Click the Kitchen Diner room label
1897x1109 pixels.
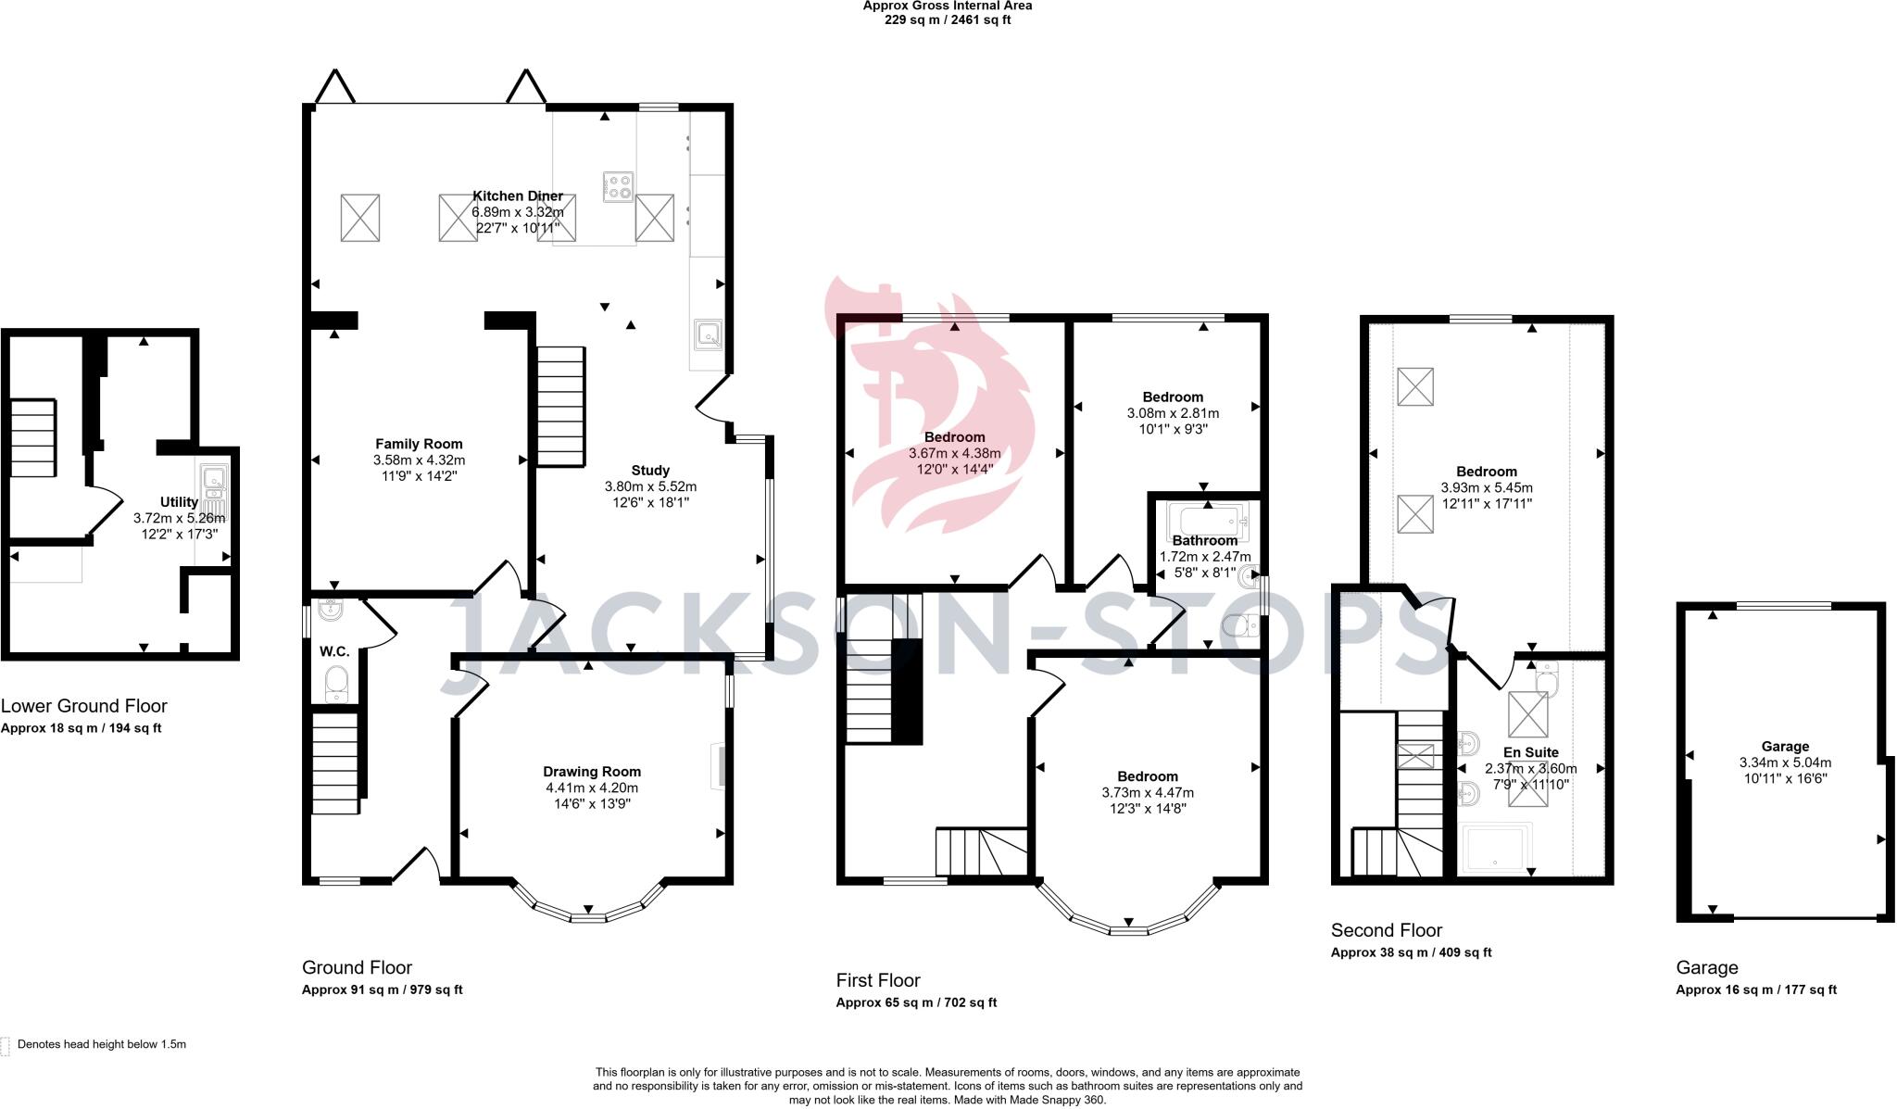click(518, 196)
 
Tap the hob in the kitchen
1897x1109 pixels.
click(618, 186)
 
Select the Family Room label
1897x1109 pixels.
click(419, 444)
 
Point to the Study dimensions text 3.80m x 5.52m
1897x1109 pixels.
click(650, 486)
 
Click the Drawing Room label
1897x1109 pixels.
click(592, 772)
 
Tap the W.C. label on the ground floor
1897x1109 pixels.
click(334, 651)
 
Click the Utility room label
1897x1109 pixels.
click(179, 502)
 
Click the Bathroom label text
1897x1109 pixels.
click(1204, 541)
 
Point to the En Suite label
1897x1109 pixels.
click(1530, 752)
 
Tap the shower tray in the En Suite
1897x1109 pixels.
click(1497, 849)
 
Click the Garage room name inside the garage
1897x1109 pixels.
click(1785, 747)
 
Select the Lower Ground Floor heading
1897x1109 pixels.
click(84, 707)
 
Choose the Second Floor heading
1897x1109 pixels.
click(1387, 930)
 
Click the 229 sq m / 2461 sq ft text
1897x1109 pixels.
click(948, 19)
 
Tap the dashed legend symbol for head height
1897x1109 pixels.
click(5, 1046)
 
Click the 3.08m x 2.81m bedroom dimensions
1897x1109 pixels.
click(1173, 413)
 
